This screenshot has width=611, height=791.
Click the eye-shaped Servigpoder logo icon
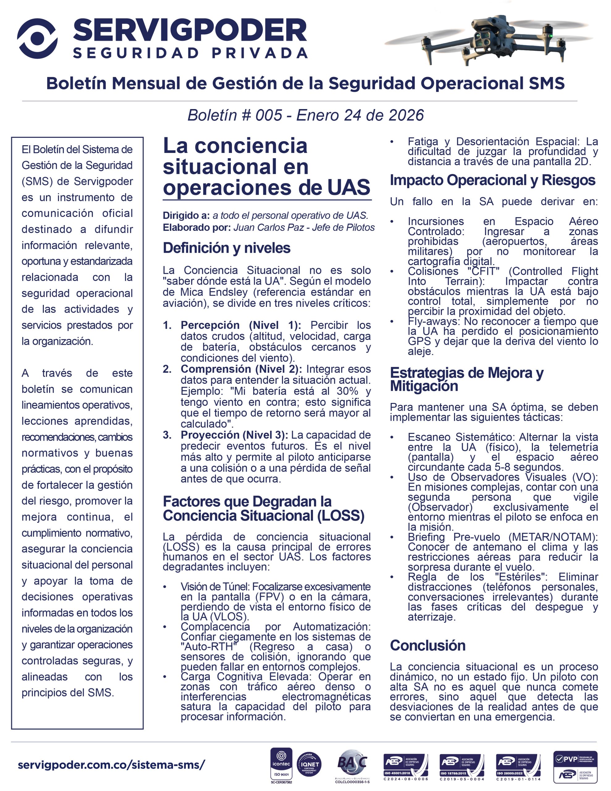tap(37, 38)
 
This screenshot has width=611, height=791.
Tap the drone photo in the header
tap(487, 40)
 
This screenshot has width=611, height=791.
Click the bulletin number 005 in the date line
tap(268, 115)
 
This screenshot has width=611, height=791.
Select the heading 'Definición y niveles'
tap(226, 248)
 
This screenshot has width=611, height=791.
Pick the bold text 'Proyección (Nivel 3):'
tap(234, 435)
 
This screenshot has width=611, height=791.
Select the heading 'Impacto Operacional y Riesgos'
tap(492, 180)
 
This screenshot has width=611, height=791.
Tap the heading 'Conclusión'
tap(428, 645)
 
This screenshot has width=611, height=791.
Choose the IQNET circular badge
tap(309, 764)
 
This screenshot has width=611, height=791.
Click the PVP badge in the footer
tap(575, 767)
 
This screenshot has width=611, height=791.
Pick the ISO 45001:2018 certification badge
tap(406, 766)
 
